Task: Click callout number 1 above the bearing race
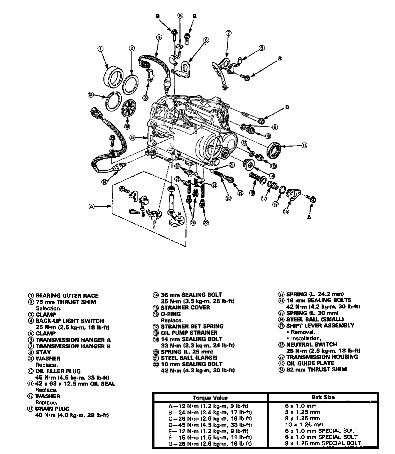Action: click(100, 49)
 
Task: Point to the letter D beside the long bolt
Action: click(287, 107)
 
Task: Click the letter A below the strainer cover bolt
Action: click(309, 217)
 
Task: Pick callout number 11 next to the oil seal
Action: click(304, 145)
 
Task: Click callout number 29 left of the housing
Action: click(133, 138)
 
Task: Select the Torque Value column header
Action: click(210, 398)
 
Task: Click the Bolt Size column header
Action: click(323, 397)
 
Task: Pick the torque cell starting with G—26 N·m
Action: click(210, 443)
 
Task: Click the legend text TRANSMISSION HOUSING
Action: click(322, 357)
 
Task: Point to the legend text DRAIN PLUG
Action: click(53, 409)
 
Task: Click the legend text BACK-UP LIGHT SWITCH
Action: click(70, 321)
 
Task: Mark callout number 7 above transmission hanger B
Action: click(228, 33)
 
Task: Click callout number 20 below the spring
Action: click(228, 198)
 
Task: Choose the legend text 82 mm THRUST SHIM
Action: click(316, 369)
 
